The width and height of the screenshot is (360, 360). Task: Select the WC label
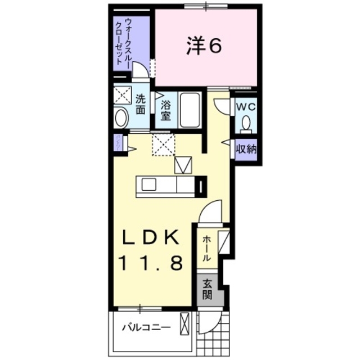click(x=245, y=106)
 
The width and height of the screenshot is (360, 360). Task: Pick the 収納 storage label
click(x=246, y=150)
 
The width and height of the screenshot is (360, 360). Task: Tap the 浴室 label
click(x=165, y=110)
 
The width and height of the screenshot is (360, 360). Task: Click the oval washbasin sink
click(x=121, y=119)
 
